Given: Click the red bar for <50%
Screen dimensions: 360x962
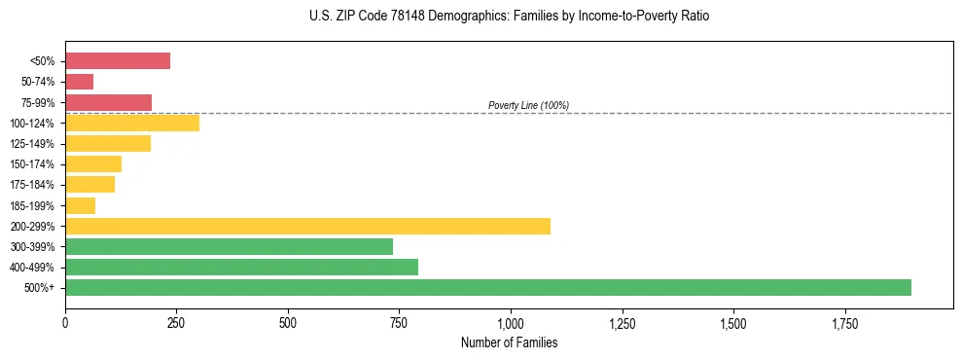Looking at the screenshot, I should click(118, 61).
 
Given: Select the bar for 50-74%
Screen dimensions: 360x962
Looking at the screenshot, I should click(80, 82).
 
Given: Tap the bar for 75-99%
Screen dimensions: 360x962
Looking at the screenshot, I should click(109, 102).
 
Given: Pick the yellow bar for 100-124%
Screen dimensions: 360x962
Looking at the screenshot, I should click(132, 123).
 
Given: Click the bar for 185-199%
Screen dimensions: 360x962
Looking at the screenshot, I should click(81, 205).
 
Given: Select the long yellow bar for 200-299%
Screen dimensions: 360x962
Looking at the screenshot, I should click(307, 226).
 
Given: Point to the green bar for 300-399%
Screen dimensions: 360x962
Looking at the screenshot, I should click(229, 246).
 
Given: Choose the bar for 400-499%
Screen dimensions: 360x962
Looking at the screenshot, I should click(241, 267).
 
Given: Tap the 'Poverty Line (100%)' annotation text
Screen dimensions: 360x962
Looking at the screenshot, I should click(528, 105).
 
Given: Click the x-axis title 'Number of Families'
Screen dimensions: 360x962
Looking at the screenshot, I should click(509, 342).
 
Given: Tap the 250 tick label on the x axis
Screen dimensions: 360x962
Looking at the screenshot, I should click(176, 323).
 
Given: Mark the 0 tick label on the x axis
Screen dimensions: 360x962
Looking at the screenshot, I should click(65, 323).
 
